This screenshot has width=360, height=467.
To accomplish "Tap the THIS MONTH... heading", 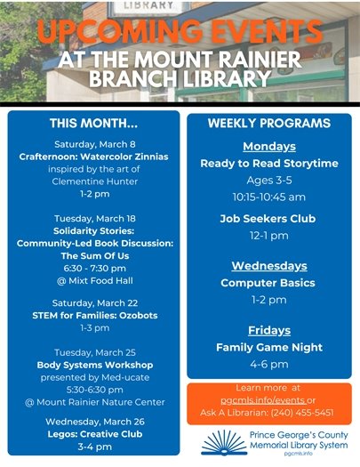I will click(x=93, y=123).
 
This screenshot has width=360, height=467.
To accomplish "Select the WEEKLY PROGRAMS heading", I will click(x=268, y=123).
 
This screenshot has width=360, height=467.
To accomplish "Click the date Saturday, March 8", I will click(x=94, y=144).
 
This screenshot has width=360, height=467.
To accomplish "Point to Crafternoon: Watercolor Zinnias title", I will click(x=94, y=157).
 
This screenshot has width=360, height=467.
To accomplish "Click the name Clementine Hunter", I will click(x=94, y=181).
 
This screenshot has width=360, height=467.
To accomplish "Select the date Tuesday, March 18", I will click(x=94, y=219).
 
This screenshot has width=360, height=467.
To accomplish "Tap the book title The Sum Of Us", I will click(x=94, y=254).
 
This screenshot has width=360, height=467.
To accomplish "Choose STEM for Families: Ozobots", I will click(x=94, y=316).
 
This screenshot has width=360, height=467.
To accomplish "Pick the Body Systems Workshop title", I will click(x=94, y=365).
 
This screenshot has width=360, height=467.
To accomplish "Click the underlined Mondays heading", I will click(x=268, y=146).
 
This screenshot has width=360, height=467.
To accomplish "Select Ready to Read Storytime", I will click(x=268, y=163).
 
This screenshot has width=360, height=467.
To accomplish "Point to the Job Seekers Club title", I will click(x=268, y=218).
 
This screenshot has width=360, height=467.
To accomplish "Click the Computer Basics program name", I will click(x=268, y=283).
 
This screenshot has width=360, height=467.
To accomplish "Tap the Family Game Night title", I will click(x=268, y=347).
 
